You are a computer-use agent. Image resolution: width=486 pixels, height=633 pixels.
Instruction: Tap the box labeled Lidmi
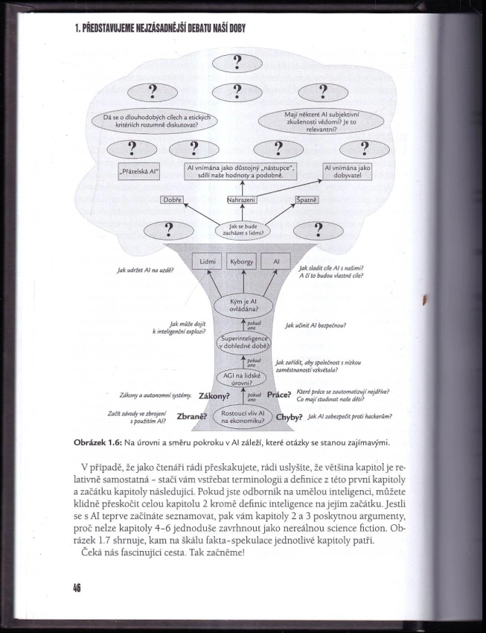(206, 262)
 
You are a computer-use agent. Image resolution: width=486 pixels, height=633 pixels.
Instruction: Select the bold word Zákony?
(214, 397)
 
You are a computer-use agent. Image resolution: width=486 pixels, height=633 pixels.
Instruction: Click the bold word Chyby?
(290, 417)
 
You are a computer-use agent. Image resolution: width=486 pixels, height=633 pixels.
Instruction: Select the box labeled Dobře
(172, 200)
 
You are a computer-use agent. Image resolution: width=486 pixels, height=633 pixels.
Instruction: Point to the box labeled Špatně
(307, 200)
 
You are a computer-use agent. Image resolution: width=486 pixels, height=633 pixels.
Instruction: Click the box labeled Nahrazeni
(241, 200)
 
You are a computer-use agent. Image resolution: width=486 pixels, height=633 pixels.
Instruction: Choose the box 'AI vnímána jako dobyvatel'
(347, 171)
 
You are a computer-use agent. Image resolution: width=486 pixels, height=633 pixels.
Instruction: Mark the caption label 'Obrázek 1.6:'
(100, 442)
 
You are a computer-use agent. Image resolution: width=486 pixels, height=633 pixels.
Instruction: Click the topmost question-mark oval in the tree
(238, 64)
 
